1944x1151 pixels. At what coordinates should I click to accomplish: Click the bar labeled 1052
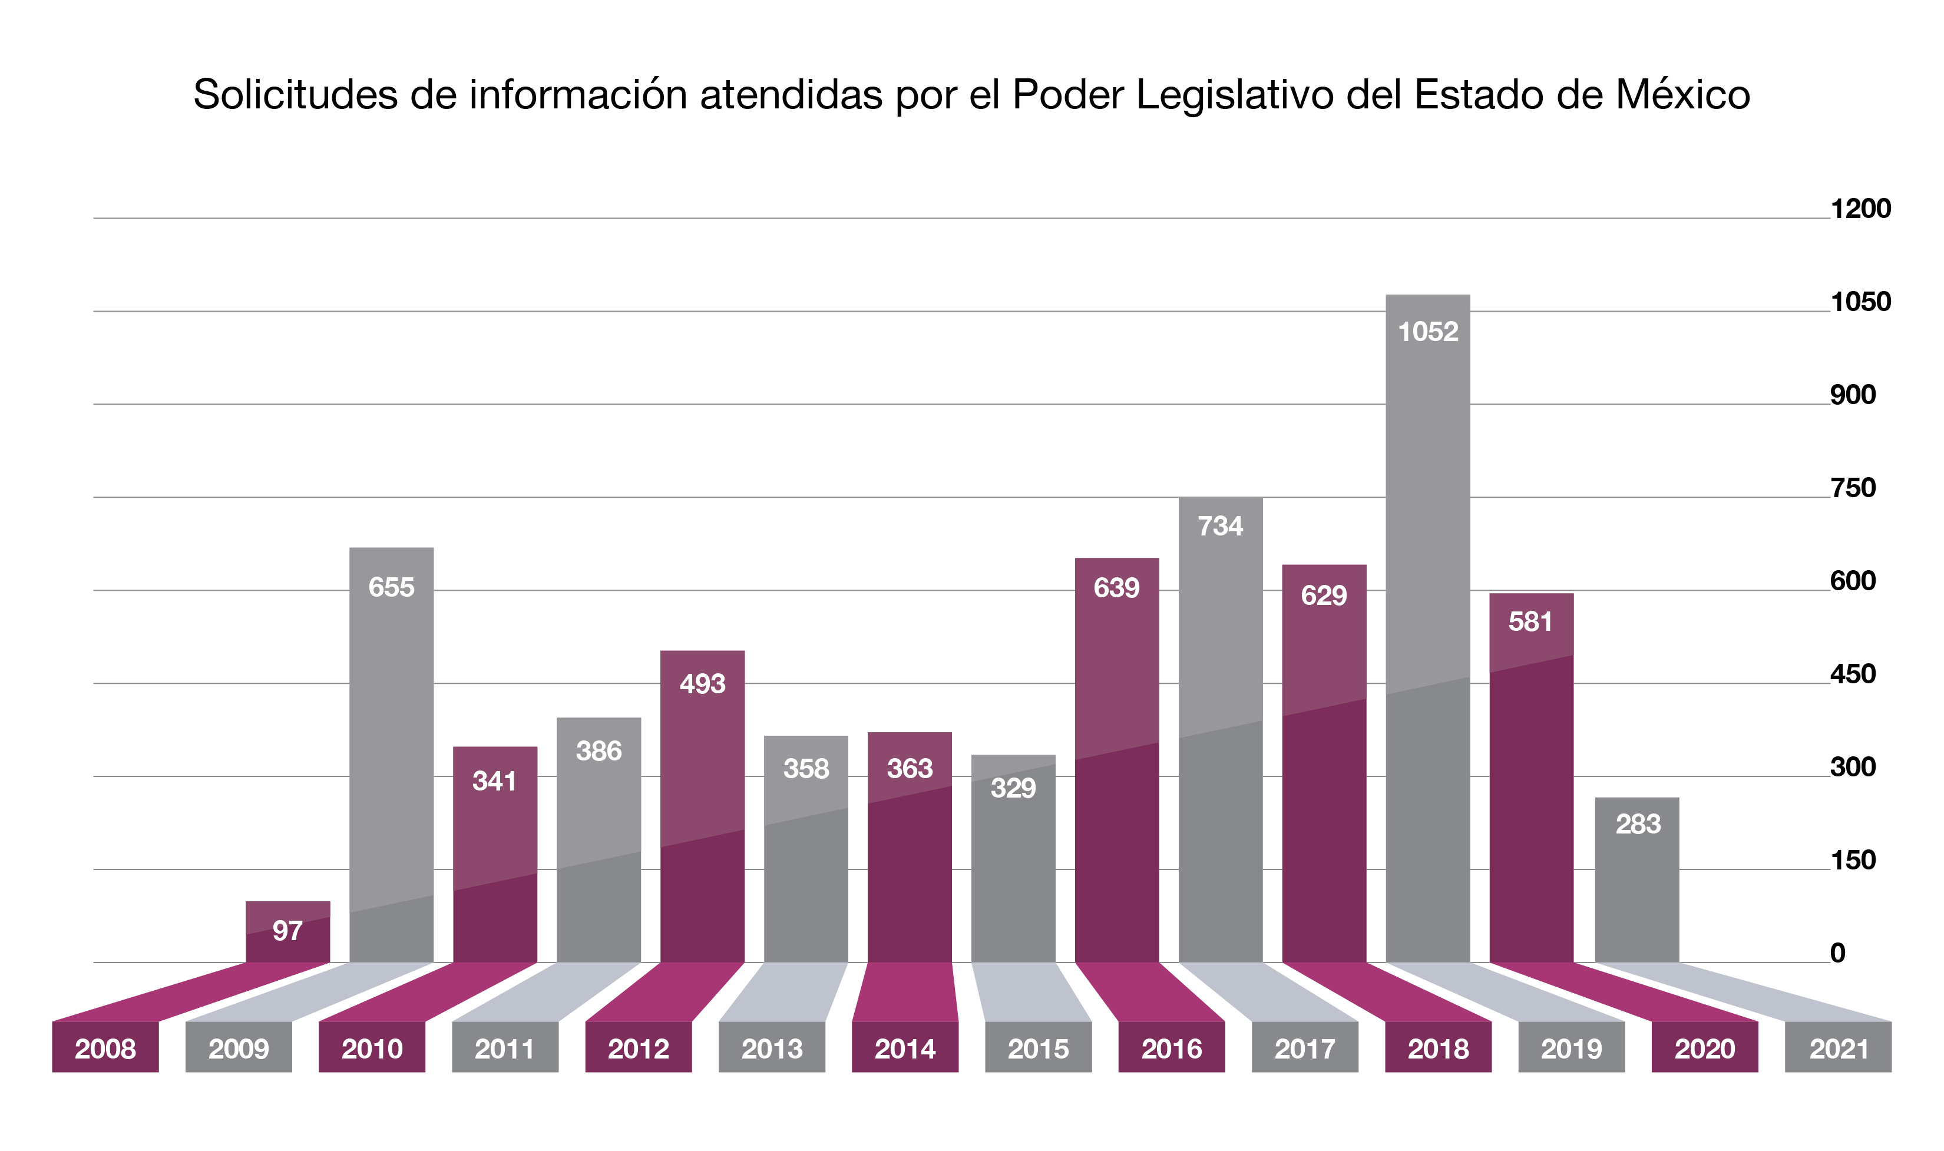coord(1427,629)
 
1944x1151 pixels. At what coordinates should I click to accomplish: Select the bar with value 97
coord(287,931)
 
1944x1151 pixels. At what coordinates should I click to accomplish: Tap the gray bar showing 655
coord(392,755)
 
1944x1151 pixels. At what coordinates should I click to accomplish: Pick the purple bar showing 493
coord(703,806)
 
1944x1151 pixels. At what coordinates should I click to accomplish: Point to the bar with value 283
coord(1637,879)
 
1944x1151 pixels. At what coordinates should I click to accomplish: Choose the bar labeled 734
coord(1221,730)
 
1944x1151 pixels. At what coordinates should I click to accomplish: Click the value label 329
coord(1013,788)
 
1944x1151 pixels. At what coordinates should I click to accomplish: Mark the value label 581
coord(1530,621)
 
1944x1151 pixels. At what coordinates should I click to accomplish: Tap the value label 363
coord(910,769)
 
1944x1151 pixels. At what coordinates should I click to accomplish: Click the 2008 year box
coord(105,1047)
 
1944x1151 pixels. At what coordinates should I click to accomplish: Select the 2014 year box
coord(905,1047)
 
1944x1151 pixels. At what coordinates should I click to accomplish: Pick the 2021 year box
coord(1839,1047)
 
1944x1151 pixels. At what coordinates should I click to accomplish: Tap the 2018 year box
coord(1439,1047)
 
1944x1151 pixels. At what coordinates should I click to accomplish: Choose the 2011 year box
coord(505,1047)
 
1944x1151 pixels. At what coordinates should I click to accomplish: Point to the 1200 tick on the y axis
coord(1861,209)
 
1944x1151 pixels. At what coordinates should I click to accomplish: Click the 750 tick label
coord(1853,488)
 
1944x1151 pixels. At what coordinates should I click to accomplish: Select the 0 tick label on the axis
coord(1838,953)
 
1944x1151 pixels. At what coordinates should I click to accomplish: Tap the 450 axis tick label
coord(1853,674)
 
